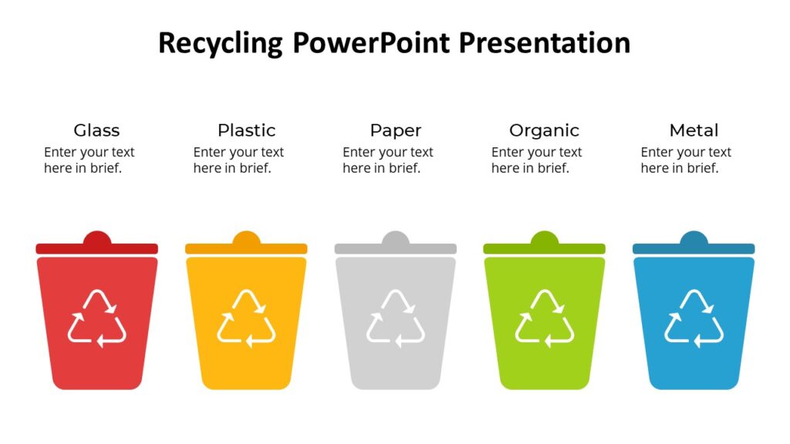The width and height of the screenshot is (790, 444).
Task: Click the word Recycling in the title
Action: (220, 43)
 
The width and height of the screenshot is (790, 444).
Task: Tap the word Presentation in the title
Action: (545, 43)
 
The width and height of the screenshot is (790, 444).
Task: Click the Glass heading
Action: (96, 130)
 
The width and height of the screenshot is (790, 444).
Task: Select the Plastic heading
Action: (246, 130)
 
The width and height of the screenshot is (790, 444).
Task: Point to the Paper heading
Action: (395, 130)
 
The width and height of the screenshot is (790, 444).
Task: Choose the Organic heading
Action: (544, 130)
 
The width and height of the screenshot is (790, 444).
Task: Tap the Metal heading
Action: (694, 130)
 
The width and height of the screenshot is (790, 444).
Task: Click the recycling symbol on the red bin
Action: (96, 318)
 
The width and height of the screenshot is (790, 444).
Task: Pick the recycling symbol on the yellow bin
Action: (246, 318)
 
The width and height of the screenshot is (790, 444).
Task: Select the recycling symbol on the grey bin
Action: (395, 318)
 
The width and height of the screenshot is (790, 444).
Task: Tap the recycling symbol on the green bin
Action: (545, 318)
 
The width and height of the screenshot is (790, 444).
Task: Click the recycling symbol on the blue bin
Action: (694, 318)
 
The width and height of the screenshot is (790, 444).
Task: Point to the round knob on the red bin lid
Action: (96, 237)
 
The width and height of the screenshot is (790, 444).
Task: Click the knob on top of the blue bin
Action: (694, 237)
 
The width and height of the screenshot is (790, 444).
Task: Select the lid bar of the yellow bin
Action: (246, 249)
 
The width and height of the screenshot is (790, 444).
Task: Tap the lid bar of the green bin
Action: (545, 249)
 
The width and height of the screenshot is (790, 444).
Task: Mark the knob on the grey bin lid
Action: (395, 237)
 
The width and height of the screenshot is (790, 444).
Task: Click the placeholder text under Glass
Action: (89, 160)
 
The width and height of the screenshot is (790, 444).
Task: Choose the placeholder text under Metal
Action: (686, 160)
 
